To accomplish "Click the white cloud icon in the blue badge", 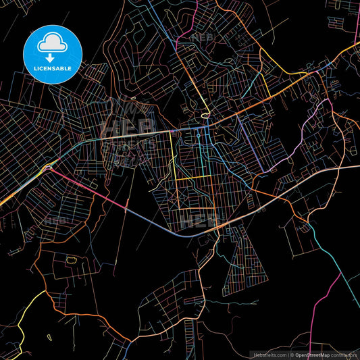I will coord(53,43).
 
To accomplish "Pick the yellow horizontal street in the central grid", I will coord(192,178).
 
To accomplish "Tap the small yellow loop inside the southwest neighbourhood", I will coord(70,258).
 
